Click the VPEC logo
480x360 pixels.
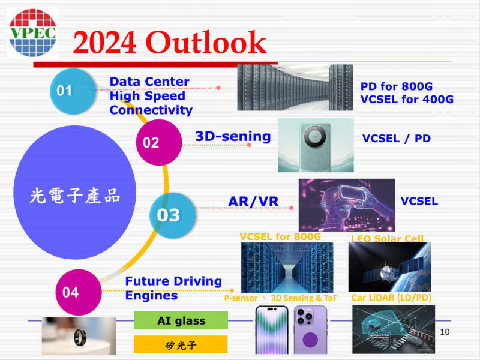(x=32, y=33)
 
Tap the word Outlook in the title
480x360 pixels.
(x=206, y=43)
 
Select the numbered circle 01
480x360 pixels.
(x=73, y=91)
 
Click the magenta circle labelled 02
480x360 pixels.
(x=159, y=142)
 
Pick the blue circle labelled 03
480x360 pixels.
(x=172, y=215)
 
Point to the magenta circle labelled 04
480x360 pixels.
(x=79, y=292)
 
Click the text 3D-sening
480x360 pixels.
(x=233, y=136)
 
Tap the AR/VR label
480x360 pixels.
(x=253, y=202)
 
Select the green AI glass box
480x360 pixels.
(x=181, y=320)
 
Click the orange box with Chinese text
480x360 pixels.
(x=181, y=344)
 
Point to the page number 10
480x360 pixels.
(x=445, y=332)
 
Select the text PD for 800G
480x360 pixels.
(x=397, y=86)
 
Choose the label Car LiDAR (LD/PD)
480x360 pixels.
(x=391, y=298)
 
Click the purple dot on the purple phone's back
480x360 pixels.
(x=310, y=339)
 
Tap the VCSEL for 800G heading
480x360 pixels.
(x=280, y=236)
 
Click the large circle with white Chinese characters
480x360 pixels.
(x=74, y=193)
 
